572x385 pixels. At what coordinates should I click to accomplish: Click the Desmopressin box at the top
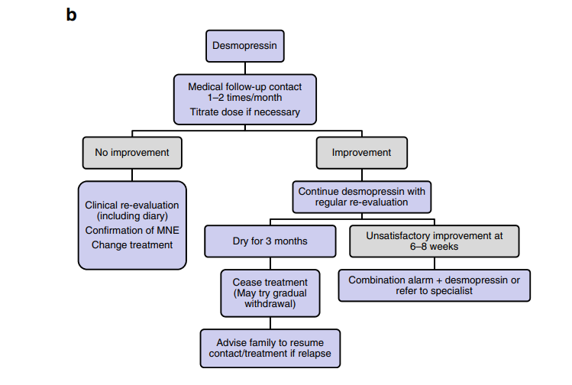pos(245,46)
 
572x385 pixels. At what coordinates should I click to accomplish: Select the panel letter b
pos(71,15)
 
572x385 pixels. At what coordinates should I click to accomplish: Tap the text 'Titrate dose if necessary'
pos(245,112)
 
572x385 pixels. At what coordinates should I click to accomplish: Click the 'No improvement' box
pos(132,153)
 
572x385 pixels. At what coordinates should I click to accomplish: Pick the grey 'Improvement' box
pos(361,153)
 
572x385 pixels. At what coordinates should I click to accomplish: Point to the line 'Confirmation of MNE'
pos(132,230)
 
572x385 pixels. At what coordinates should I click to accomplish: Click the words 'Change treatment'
pos(132,245)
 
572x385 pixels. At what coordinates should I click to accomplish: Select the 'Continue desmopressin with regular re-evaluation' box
pos(361,197)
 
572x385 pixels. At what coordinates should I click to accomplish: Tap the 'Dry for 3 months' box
pos(270,241)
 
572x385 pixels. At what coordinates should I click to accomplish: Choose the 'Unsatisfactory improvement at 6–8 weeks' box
pos(434,241)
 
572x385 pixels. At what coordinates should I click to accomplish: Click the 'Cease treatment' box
pos(270,293)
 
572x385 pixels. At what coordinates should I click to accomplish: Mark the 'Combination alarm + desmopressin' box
pos(434,286)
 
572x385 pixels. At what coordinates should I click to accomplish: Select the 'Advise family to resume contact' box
pos(270,348)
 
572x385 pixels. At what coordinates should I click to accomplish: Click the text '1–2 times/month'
pos(245,98)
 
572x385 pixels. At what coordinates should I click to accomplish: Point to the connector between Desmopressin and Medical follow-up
pos(245,68)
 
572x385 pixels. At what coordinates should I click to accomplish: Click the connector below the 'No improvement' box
pos(132,175)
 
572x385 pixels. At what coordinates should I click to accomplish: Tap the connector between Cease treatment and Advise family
pos(270,323)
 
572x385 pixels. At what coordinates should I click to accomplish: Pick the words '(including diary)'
pos(132,216)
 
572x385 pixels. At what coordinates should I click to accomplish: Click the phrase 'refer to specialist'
pos(434,291)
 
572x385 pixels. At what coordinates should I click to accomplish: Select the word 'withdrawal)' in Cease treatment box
pos(270,304)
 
